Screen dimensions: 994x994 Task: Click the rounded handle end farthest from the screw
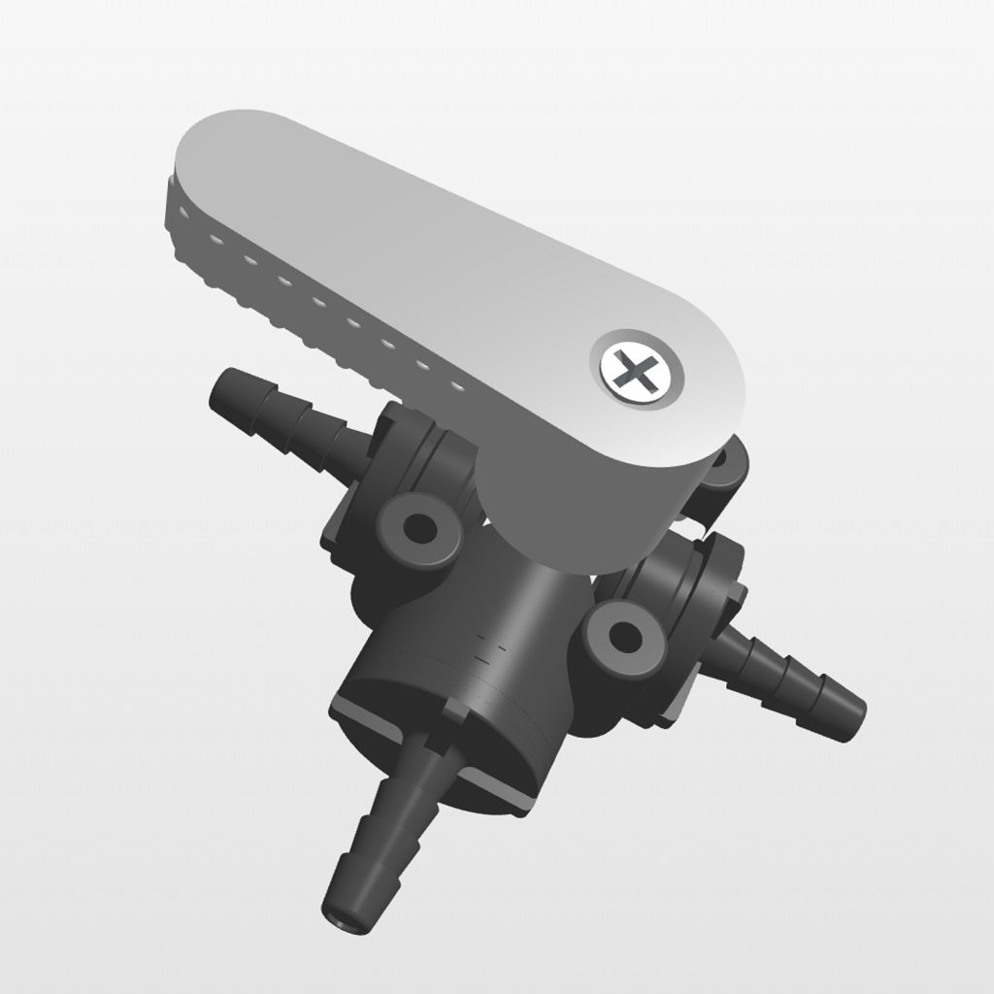(209, 160)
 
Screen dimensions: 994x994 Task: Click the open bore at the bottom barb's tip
(345, 914)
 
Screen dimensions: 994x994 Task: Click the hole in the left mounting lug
(420, 529)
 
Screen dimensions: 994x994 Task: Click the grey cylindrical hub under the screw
(582, 514)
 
